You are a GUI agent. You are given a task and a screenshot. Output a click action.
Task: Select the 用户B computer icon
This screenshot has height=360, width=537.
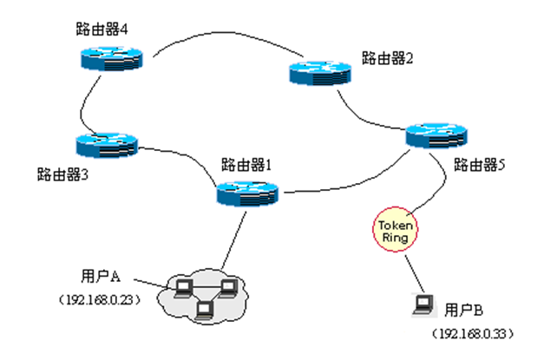[423, 303]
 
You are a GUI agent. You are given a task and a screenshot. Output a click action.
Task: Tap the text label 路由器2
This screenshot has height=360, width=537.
[387, 60]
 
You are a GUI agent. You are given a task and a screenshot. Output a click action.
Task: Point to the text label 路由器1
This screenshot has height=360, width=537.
[247, 162]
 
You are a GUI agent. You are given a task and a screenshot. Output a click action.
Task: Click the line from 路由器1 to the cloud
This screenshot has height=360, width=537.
[233, 242]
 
